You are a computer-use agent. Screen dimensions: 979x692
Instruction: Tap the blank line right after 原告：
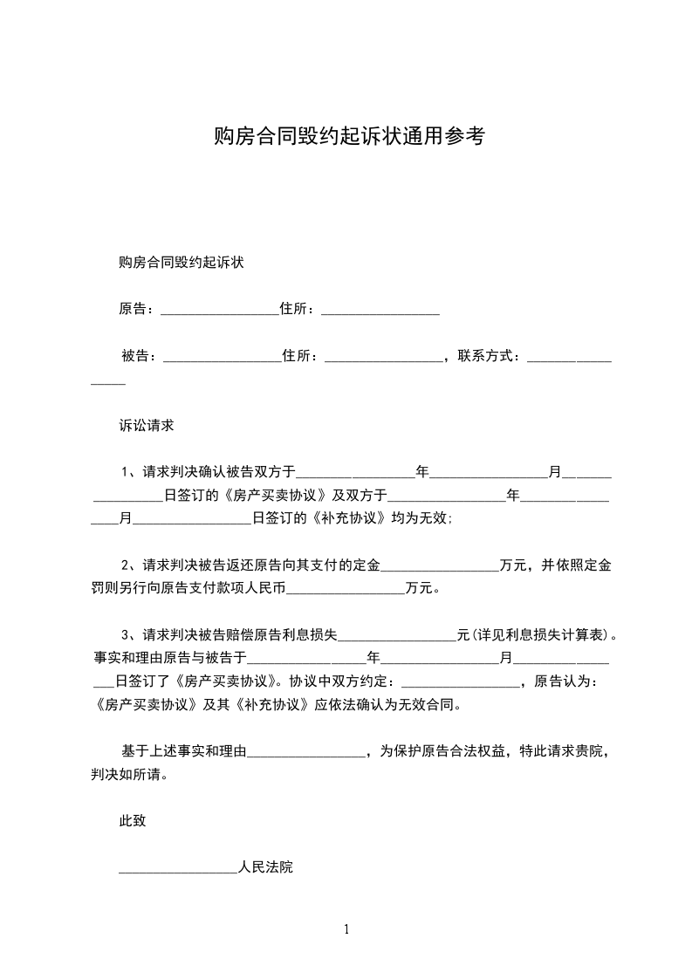tap(219, 311)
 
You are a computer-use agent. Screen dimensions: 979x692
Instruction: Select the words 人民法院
tap(265, 868)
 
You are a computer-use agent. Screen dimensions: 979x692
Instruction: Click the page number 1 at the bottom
tap(346, 929)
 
